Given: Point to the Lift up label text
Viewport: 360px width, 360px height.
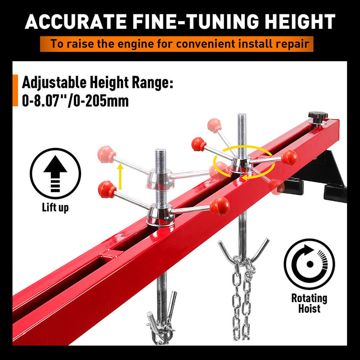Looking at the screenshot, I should [56, 208].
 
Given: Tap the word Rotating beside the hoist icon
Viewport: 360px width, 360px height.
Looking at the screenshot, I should [309, 298].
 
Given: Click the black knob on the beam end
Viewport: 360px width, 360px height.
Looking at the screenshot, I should [318, 117].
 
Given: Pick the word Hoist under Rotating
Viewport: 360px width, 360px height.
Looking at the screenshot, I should [309, 309].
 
